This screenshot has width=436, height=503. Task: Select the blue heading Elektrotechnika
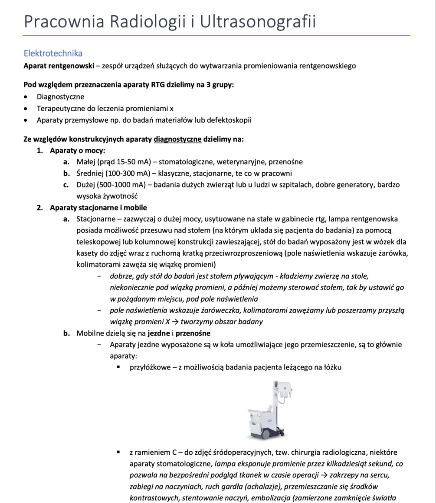click(x=53, y=54)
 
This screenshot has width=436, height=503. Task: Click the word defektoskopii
click(x=229, y=120)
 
